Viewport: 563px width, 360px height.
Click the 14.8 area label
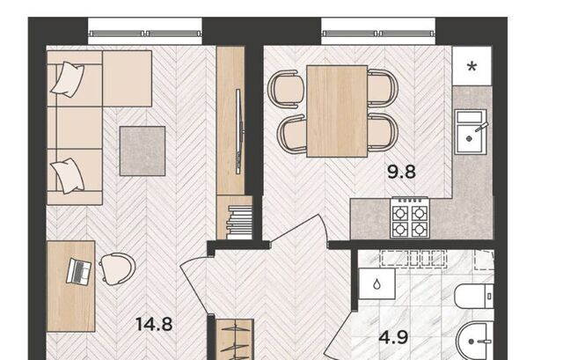[x=154, y=325]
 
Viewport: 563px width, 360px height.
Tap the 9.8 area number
[x=401, y=172]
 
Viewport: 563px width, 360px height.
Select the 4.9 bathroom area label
[x=393, y=337]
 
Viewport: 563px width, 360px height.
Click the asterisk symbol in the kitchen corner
[x=472, y=67]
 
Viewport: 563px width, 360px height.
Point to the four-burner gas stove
[x=410, y=217]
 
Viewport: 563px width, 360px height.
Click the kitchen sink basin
[x=471, y=132]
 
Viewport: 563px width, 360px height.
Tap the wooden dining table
[x=337, y=111]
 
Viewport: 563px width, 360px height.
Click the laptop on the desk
[x=78, y=272]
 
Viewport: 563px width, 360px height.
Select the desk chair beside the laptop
[x=117, y=269]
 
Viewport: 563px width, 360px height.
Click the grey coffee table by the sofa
[x=143, y=151]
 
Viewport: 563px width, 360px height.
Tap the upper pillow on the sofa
[x=68, y=79]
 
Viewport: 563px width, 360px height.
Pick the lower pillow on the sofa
[x=69, y=176]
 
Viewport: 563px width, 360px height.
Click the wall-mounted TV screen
[x=238, y=131]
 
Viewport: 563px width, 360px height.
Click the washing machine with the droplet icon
[x=377, y=283]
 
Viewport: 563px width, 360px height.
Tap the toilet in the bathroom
[x=474, y=296]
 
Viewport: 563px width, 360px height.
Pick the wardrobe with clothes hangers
[x=235, y=340]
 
